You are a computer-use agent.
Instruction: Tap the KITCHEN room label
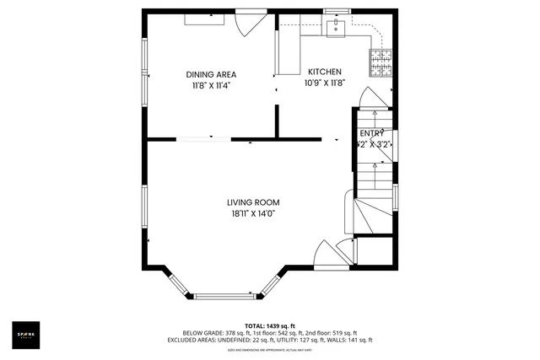(324, 72)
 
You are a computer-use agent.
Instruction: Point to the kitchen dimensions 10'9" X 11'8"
(324, 83)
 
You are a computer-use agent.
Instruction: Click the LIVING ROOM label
(252, 202)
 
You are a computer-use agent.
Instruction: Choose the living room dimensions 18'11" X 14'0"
(252, 214)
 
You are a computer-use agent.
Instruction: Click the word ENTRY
(371, 133)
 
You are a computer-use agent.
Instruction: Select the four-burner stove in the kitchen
(381, 58)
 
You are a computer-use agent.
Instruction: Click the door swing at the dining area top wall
(249, 24)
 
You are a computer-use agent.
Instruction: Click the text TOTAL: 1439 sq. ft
(270, 325)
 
